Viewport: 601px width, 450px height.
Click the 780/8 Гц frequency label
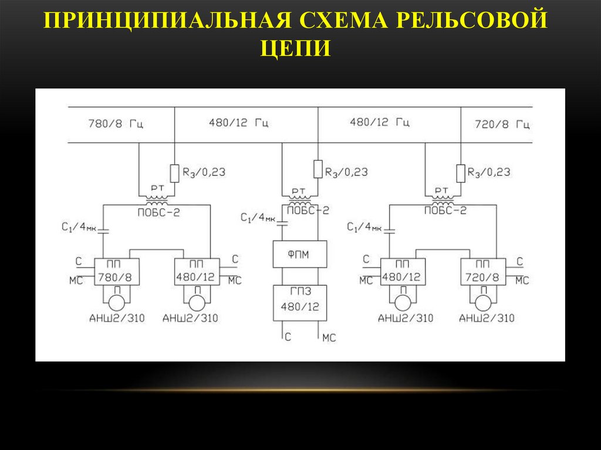[116, 124]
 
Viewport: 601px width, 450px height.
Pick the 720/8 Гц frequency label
[502, 124]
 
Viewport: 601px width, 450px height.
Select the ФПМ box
[300, 255]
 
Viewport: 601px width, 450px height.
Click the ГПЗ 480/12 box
[300, 302]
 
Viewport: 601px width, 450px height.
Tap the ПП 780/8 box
[116, 272]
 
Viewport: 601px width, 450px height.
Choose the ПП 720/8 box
[483, 272]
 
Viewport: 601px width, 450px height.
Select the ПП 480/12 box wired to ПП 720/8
[402, 272]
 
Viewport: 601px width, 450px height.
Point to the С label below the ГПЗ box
[288, 337]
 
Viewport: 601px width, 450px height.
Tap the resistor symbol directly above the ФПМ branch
[318, 169]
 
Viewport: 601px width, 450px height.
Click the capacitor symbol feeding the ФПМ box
[282, 223]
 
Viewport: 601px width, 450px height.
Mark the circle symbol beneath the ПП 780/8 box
[116, 302]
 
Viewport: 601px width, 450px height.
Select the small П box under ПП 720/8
[483, 290]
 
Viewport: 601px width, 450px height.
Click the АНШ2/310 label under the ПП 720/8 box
[487, 319]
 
